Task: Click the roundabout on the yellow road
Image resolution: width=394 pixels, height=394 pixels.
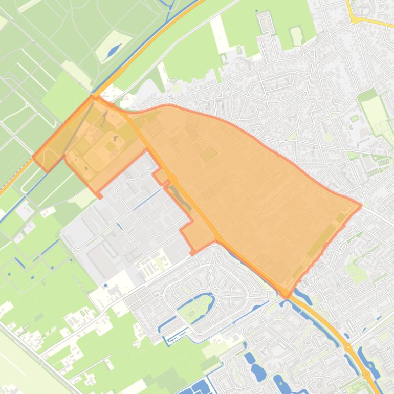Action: click(354, 20)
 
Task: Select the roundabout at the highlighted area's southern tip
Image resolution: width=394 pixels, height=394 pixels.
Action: click(285, 293)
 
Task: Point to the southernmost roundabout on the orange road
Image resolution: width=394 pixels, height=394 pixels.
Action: click(366, 375)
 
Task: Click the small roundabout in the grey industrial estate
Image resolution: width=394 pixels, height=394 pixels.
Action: click(74, 249)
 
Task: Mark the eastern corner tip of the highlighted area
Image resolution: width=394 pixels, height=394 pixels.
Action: click(361, 206)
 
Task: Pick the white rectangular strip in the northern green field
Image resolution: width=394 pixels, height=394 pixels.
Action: click(220, 33)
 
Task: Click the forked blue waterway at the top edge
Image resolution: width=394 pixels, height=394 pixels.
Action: click(168, 4)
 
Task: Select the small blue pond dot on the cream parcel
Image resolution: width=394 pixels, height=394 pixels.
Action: click(105, 286)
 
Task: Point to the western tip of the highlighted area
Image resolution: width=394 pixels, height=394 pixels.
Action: click(34, 157)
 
